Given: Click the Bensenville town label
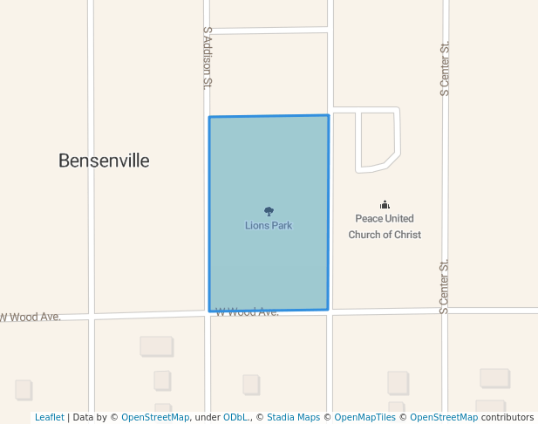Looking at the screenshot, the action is pos(104,161).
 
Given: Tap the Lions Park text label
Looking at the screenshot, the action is pos(269,225).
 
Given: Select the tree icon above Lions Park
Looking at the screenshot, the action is pos(269,211).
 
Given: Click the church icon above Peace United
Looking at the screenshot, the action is pos(385,204).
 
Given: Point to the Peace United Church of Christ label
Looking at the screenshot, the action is pos(385,226).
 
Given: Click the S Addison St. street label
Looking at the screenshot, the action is pos(208,58).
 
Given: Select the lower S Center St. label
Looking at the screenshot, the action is pos(444,286).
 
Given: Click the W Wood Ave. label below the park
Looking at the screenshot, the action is pos(248,311).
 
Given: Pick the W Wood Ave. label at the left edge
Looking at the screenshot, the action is pos(31,317).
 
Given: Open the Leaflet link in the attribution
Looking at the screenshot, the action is pos(49,418).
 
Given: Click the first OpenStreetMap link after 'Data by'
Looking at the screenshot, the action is pos(155,418).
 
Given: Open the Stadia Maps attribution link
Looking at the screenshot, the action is pos(293,418).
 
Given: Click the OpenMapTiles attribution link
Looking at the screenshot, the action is pos(365,418).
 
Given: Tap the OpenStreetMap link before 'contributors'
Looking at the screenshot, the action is pos(444,418).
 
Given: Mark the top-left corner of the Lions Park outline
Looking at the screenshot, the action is pos(209,117).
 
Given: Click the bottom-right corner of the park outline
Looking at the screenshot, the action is pos(328,309).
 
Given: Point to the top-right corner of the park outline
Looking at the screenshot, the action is pos(329,115).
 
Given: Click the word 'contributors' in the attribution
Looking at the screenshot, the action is pos(507,418).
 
